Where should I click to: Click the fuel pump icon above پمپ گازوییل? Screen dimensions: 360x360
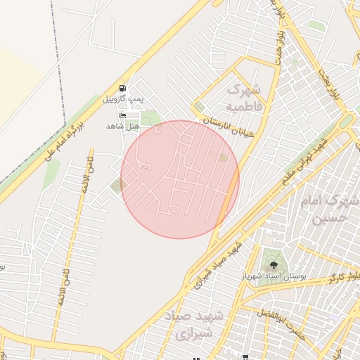click(124, 88)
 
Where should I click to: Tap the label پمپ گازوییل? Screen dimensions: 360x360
click(123, 98)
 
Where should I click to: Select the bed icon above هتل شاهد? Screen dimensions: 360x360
click(124, 115)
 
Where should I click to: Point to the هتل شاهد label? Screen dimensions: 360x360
click(123, 125)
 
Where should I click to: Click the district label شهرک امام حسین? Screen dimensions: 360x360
click(328, 210)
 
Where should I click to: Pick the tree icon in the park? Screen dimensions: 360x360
click(273, 265)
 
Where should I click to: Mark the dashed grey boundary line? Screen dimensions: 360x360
click(59, 70)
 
